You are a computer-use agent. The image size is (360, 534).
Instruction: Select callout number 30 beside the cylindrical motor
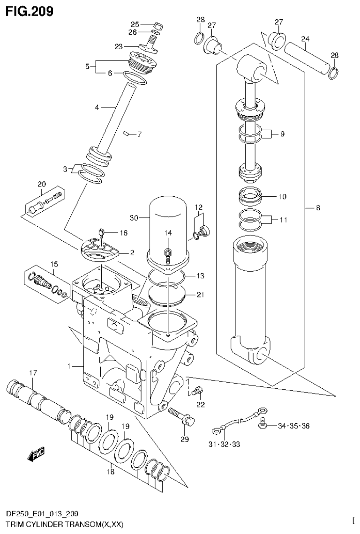pos(135,217)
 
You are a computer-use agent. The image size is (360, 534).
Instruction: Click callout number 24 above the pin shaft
pos(306,39)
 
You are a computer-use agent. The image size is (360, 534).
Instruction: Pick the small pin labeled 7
pos(126,134)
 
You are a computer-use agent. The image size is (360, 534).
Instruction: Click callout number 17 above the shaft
pos(32,373)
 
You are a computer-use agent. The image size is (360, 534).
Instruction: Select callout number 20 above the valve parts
pos(41,185)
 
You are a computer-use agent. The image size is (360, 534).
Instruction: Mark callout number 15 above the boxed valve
pos(54,264)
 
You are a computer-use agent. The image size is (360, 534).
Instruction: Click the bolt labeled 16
pos(101,231)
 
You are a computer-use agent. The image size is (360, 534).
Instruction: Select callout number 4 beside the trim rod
pos(97,107)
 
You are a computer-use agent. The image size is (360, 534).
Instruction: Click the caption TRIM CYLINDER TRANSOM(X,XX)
pos(62,525)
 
